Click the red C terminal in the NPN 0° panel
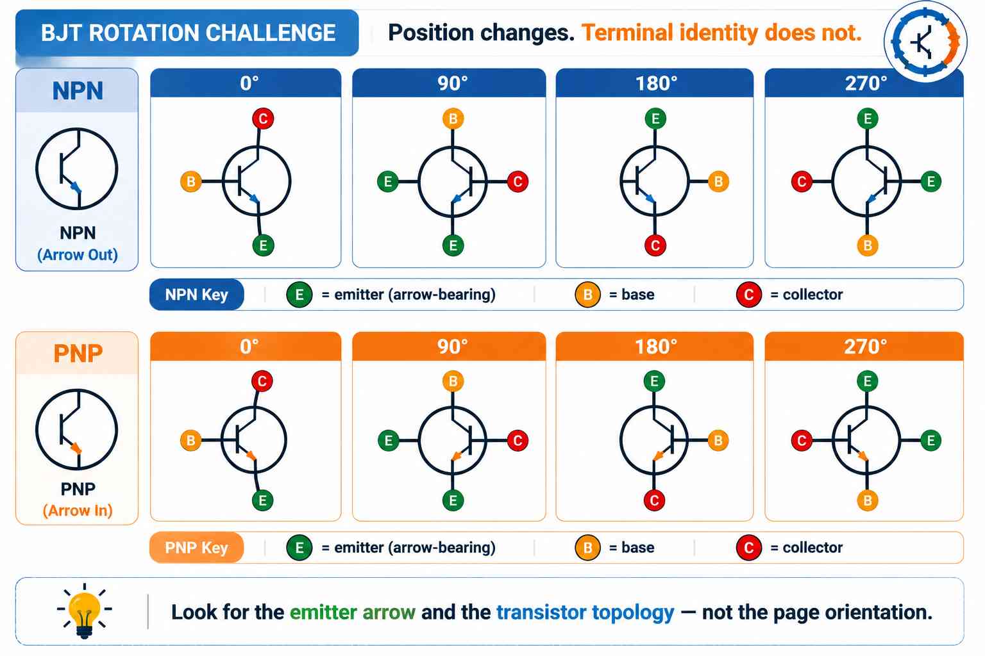(263, 119)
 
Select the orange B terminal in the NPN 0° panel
(191, 181)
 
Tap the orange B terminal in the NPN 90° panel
(453, 119)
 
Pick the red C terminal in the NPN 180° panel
(655, 245)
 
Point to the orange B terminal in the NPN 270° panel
(868, 245)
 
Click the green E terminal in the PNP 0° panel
(262, 500)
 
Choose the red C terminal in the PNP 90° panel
(518, 440)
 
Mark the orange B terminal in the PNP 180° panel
(718, 440)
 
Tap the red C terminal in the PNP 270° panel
(802, 440)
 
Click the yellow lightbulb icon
(85, 611)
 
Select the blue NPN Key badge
(197, 295)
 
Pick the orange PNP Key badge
(197, 548)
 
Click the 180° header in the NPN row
(655, 83)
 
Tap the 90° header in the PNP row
(449, 346)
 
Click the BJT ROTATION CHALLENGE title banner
(187, 33)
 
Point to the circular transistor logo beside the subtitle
(925, 42)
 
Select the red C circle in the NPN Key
(749, 295)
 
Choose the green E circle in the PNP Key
(299, 548)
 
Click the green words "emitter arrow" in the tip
(353, 612)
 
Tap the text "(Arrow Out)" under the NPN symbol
(78, 255)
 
